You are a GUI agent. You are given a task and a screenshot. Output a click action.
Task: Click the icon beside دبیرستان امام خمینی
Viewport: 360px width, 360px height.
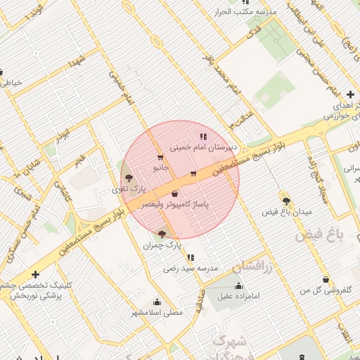(x=203, y=136)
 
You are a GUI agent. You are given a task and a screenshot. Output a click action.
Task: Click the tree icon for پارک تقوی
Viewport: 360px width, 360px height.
(x=128, y=178)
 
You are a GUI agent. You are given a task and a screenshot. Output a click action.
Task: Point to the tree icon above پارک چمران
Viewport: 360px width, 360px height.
(x=162, y=233)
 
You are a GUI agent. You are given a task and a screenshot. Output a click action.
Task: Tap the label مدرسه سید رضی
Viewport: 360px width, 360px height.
(x=191, y=268)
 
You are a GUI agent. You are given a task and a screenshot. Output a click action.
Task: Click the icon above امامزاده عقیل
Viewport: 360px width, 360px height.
(x=238, y=286)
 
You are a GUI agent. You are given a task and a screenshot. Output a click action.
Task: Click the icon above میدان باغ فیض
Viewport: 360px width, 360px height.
(x=285, y=199)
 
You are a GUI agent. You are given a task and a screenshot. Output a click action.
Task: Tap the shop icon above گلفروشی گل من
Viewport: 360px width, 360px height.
(x=326, y=280)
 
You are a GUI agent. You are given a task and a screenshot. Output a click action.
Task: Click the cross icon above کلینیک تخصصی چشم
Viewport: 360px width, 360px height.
(x=35, y=275)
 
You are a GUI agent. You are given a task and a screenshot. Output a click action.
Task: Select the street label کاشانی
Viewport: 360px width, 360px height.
(x=68, y=196)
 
